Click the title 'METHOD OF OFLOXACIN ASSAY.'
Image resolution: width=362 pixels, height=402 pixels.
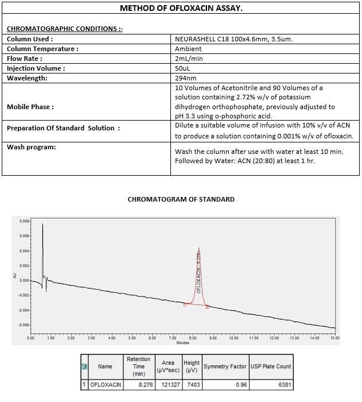pos(181,9)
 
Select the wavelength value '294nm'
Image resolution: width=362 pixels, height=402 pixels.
pos(185,78)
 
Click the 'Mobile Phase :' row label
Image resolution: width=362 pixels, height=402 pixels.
pos(30,107)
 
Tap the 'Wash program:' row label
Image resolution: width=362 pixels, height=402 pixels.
pos(32,147)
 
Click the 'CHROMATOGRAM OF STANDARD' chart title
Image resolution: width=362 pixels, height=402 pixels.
pos(181,199)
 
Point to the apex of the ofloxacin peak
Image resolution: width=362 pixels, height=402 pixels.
pos(199,248)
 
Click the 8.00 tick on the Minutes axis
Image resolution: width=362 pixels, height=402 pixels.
pos(193,338)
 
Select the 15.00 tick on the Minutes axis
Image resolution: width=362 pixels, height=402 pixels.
pos(335,338)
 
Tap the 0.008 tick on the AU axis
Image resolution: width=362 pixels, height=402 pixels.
pos(24,221)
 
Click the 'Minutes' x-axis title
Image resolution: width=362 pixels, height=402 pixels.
pos(182,343)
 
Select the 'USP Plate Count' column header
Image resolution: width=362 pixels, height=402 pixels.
pos(271,366)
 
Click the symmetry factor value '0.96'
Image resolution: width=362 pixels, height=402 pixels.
pos(242,385)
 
